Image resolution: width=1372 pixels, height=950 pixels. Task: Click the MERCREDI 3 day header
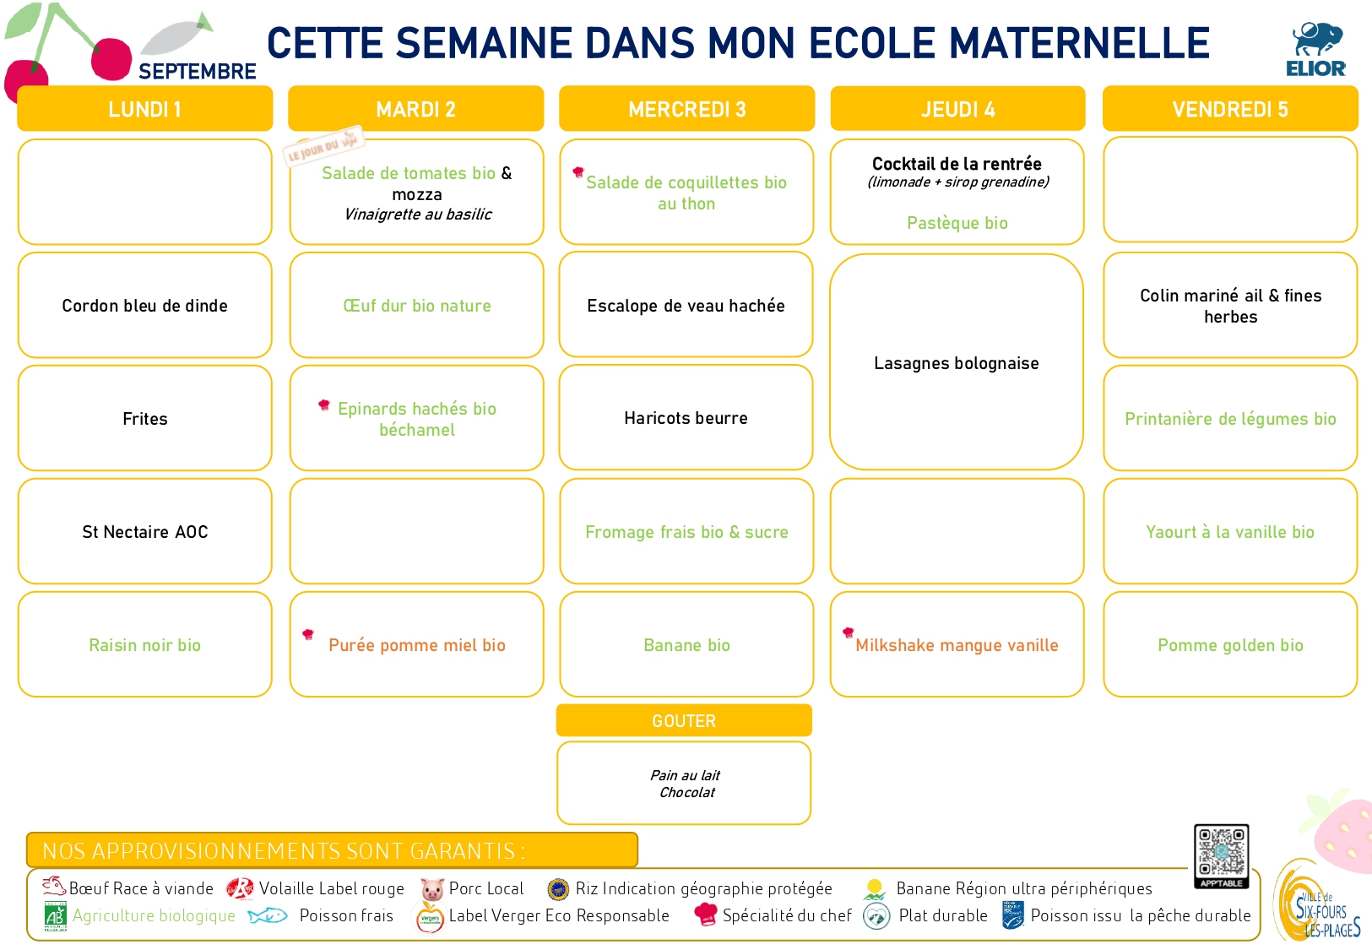tap(686, 109)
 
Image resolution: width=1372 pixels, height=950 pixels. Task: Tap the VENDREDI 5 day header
tap(1230, 109)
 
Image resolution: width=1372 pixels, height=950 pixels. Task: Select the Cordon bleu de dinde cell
tap(144, 305)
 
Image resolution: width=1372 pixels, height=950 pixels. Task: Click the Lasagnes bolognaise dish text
tap(956, 363)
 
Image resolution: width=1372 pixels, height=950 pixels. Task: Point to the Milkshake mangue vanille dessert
tap(957, 645)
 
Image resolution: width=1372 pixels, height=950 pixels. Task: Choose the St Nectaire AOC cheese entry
tap(144, 532)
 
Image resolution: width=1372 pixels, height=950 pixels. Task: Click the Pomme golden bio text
tap(1230, 645)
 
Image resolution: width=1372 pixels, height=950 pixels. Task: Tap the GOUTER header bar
tap(684, 720)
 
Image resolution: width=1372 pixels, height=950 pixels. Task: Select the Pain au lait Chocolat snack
tap(685, 784)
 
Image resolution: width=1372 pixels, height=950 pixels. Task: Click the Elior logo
tap(1315, 50)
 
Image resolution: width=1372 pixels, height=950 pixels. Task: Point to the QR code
tap(1221, 855)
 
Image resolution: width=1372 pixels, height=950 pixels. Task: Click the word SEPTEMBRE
tap(198, 72)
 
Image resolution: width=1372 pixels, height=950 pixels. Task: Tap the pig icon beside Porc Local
tap(431, 888)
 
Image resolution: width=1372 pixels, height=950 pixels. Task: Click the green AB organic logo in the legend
tap(55, 916)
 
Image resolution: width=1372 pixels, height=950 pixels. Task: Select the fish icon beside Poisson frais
tap(268, 915)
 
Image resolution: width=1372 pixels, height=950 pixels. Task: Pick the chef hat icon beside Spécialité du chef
tap(705, 914)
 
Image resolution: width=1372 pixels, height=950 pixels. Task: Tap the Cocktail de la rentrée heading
tap(957, 164)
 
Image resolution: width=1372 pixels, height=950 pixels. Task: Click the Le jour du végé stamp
tap(323, 146)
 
